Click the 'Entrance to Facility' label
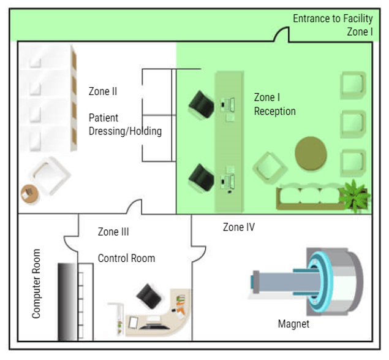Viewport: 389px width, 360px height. point(332,18)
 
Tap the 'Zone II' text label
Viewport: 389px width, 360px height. point(103,91)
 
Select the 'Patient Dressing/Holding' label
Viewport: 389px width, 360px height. point(125,124)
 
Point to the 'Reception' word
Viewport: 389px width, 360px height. point(275,112)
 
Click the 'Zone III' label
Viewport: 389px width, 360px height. point(113,232)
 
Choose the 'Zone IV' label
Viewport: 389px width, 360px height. point(238,227)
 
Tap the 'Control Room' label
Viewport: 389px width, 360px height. point(126,258)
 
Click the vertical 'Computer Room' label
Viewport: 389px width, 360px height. point(36,283)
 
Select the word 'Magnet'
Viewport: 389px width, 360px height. point(293,324)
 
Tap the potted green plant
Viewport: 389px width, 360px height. point(355,195)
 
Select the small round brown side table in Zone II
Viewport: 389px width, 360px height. point(29,194)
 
